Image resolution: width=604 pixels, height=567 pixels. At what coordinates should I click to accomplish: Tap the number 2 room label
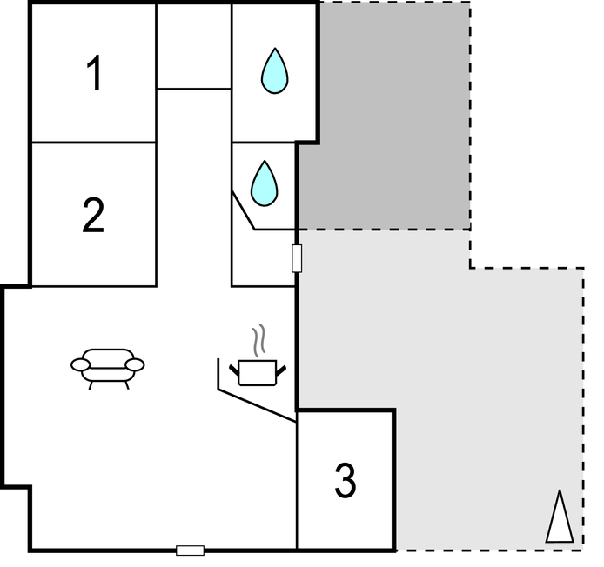93,215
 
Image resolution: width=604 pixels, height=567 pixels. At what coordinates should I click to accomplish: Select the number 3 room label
345,481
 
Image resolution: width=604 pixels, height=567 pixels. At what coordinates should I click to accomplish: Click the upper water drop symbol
274,71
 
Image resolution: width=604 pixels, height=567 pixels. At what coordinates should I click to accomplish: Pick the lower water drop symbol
264,183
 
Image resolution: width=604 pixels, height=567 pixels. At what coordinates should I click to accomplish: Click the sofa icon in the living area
107,365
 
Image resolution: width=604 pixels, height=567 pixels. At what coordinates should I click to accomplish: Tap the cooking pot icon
257,371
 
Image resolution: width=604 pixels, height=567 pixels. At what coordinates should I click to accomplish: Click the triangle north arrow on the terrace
560,517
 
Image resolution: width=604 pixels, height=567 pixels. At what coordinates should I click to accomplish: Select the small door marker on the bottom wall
190,550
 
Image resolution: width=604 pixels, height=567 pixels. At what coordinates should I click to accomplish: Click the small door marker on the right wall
297,258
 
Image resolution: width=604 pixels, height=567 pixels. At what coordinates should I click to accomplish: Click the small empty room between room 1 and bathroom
193,45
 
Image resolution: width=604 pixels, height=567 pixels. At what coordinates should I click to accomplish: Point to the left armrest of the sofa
80,364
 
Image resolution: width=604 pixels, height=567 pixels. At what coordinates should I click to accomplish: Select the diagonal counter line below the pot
257,406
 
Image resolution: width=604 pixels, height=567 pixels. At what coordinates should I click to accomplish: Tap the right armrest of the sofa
135,364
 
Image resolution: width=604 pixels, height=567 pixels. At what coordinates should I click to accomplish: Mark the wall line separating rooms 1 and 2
93,142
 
